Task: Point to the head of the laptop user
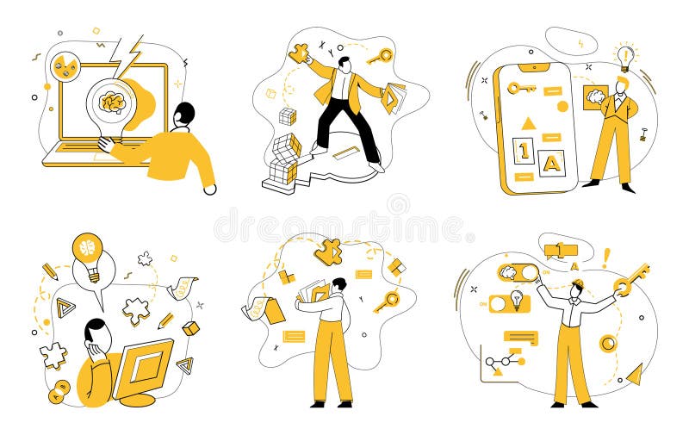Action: tap(184, 114)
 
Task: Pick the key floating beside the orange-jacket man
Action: tap(380, 57)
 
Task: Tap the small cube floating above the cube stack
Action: tap(288, 116)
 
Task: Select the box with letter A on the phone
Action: tap(552, 160)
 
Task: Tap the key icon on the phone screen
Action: tap(521, 88)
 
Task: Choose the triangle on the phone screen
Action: tap(529, 123)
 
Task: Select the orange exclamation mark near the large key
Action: tap(606, 258)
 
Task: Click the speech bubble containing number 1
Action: tap(560, 251)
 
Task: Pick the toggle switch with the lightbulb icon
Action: tap(511, 301)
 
